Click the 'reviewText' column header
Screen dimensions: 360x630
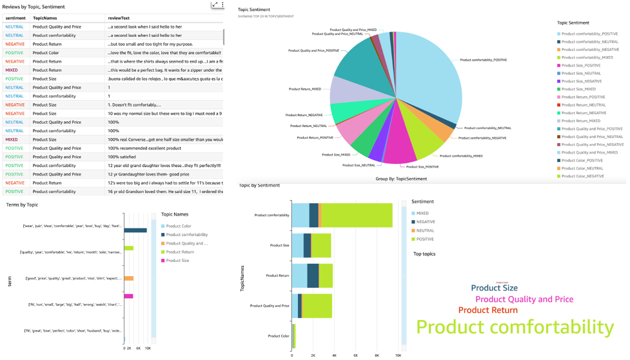click(x=121, y=19)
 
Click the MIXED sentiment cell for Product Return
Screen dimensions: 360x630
click(x=12, y=70)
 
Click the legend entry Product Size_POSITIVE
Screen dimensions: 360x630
click(x=580, y=65)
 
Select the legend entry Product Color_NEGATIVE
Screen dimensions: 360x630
click(x=582, y=176)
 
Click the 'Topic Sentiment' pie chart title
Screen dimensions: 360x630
click(x=253, y=10)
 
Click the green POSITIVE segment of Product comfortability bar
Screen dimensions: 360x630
click(x=356, y=215)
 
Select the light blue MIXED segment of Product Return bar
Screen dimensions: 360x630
click(x=299, y=275)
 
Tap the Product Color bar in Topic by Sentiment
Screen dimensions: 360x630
click(x=293, y=335)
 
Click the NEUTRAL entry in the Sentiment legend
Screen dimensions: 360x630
click(x=425, y=230)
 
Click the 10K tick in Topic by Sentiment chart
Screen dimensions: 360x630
click(x=398, y=355)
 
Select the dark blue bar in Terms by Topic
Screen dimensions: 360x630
click(x=135, y=230)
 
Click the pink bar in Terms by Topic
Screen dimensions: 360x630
click(x=128, y=296)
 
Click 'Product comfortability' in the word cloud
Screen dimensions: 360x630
click(x=514, y=326)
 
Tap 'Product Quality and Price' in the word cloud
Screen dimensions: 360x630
click(x=524, y=299)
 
